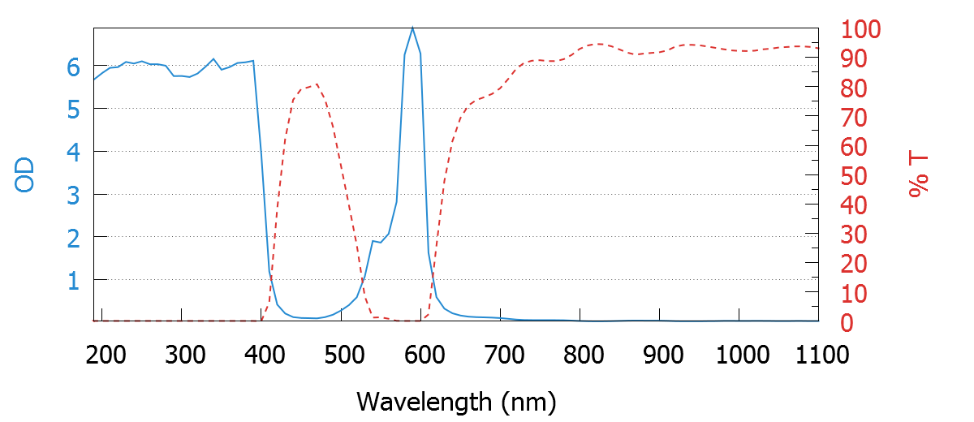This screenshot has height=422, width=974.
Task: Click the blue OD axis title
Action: click(25, 174)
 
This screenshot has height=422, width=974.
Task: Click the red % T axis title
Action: click(918, 175)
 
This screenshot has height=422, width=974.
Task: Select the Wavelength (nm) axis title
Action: click(456, 401)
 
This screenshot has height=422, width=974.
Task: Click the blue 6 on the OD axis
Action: click(73, 67)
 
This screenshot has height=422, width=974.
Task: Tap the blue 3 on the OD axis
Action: click(73, 195)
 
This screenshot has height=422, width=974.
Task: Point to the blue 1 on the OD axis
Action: click(73, 281)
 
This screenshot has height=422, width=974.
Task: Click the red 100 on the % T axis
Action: click(860, 30)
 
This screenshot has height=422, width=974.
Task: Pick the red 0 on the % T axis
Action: click(846, 323)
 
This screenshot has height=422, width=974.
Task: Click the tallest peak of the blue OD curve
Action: click(412, 28)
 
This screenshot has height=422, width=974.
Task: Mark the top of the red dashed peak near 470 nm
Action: click(316, 84)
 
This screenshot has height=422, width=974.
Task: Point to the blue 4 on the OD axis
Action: click(73, 152)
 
